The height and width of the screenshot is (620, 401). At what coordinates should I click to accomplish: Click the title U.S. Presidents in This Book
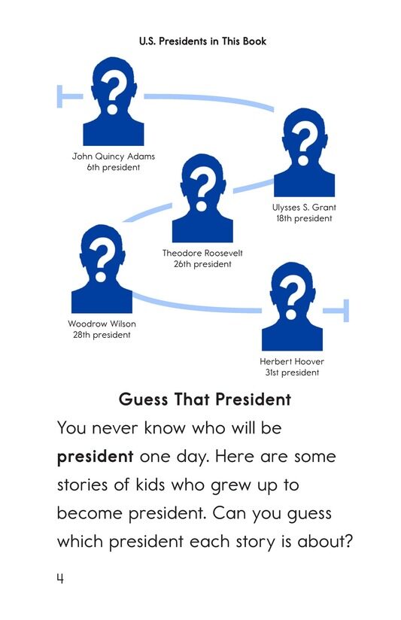(x=202, y=41)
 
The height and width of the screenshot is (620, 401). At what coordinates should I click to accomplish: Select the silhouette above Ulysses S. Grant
(x=303, y=151)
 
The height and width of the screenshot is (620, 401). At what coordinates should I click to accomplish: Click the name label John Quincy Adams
(x=114, y=157)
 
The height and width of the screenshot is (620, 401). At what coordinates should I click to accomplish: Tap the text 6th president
(x=114, y=168)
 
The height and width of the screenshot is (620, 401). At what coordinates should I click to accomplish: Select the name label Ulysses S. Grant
(x=303, y=207)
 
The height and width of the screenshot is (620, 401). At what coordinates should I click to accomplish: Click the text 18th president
(x=303, y=218)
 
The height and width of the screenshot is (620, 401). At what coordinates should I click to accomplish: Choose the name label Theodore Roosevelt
(x=202, y=253)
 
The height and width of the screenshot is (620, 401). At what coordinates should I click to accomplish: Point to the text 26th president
(x=202, y=264)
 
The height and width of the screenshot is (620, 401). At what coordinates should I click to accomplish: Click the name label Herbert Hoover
(x=292, y=361)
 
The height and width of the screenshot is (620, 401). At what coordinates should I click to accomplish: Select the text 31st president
(x=292, y=372)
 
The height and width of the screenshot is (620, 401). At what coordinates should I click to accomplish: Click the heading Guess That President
(x=205, y=400)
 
